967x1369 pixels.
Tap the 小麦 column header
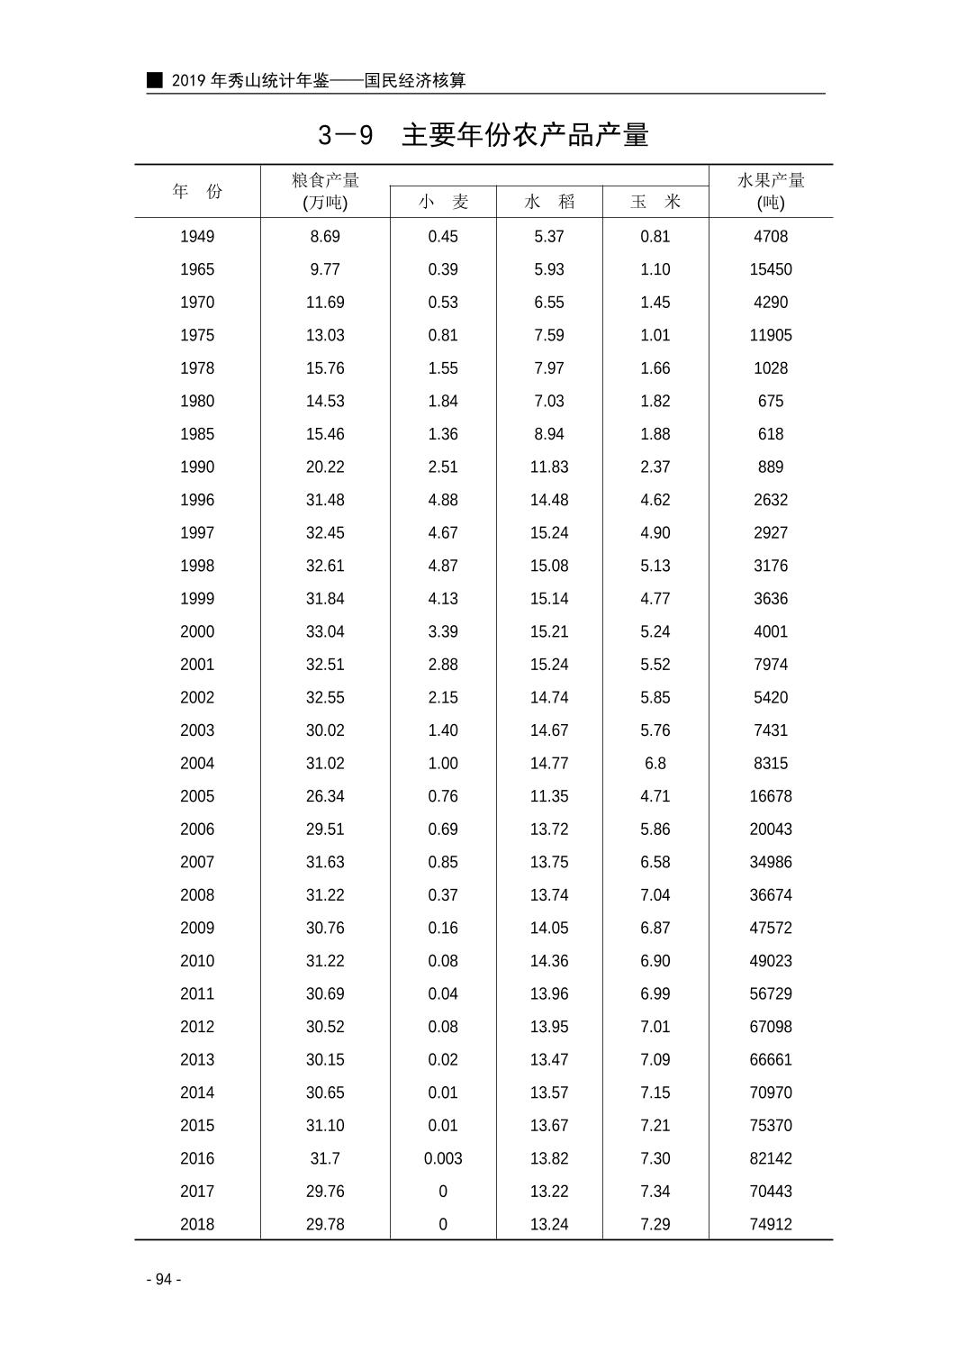443,202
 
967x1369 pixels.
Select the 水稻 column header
549,202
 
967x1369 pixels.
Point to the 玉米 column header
655,202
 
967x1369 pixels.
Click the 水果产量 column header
771,190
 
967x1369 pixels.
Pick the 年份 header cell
197,191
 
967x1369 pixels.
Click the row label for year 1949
197,237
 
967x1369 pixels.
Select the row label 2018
197,1225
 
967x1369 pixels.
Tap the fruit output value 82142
771,1159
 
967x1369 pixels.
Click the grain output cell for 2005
325,797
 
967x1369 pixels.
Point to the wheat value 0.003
443,1159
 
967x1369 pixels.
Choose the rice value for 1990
549,467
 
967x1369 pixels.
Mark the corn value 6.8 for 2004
655,764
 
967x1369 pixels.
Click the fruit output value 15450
771,269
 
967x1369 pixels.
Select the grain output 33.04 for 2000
325,632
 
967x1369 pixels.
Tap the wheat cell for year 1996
443,500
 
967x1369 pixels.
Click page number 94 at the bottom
164,1280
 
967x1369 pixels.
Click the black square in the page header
155,80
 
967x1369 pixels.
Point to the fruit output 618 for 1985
771,434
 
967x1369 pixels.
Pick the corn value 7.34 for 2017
655,1192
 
